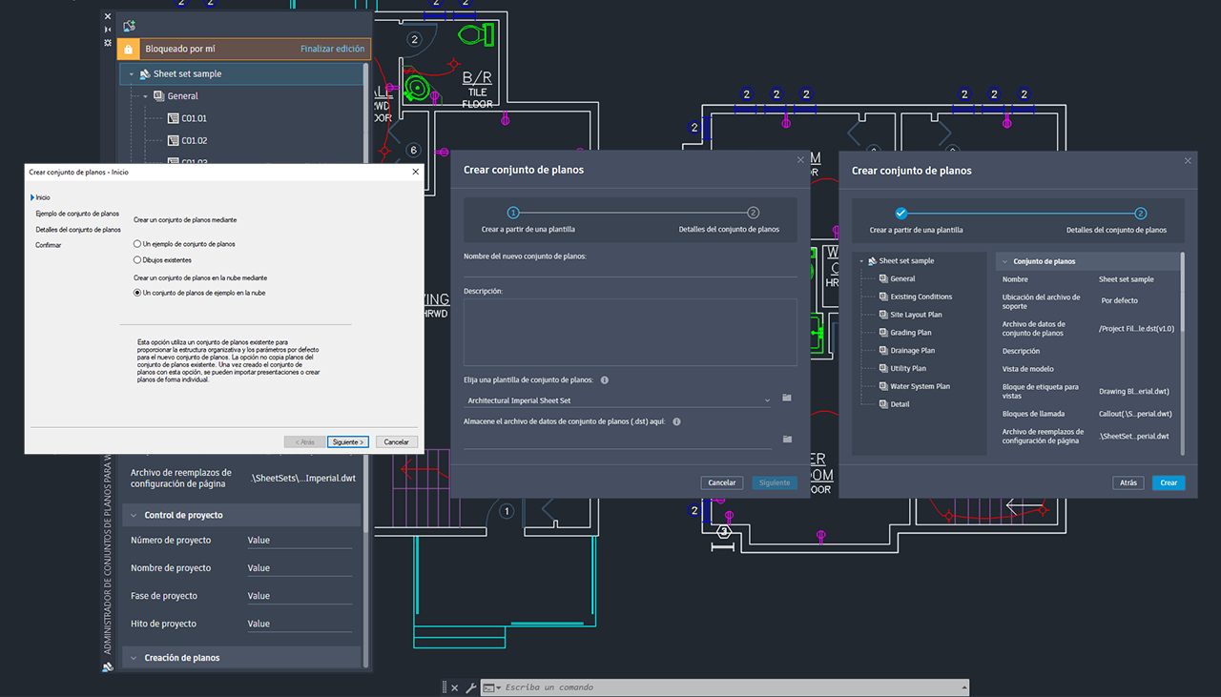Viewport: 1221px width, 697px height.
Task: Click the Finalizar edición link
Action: click(x=333, y=49)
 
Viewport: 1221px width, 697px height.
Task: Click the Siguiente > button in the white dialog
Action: click(x=348, y=441)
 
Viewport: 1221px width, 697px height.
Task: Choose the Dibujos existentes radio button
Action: click(x=137, y=259)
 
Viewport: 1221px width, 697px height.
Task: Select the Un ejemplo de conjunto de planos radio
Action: click(x=137, y=244)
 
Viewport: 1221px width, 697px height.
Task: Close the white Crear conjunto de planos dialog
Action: click(x=415, y=172)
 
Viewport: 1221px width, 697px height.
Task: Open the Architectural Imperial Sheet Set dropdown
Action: click(x=618, y=400)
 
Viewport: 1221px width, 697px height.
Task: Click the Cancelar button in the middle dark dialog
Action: click(x=722, y=482)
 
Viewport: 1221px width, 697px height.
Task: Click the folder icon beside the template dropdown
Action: click(x=787, y=398)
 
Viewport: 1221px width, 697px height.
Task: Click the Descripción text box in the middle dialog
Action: click(x=630, y=332)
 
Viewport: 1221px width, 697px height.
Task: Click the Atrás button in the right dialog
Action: click(x=1128, y=482)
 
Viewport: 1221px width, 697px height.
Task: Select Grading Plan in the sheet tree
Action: click(x=910, y=333)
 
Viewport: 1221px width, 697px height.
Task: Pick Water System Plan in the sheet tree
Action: click(x=920, y=386)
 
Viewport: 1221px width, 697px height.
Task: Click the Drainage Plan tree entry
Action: click(x=912, y=351)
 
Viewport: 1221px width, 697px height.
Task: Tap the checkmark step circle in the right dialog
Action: click(x=901, y=214)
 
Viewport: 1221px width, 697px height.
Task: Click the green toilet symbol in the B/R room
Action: click(x=473, y=35)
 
